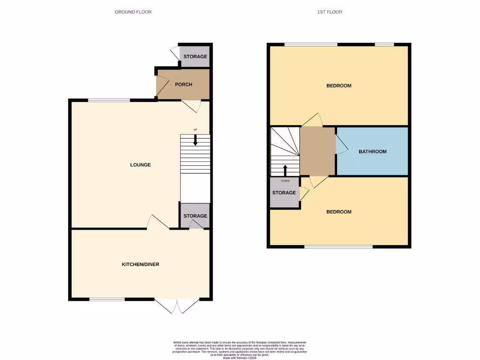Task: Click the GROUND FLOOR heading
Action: [x=133, y=12]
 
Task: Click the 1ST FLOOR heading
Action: [x=329, y=12]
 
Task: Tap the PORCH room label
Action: [x=183, y=85]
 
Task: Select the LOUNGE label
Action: [x=141, y=165]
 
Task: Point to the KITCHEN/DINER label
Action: [x=140, y=264]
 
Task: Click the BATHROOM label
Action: [x=373, y=151]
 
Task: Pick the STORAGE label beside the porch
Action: [x=195, y=57]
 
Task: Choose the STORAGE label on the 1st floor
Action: [x=284, y=193]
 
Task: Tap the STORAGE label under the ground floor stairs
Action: [x=195, y=216]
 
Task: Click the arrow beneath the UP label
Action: [x=195, y=140]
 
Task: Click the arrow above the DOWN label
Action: [x=285, y=170]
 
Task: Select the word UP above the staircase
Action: [x=195, y=130]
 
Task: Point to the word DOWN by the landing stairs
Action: [x=285, y=180]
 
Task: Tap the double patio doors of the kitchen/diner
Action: [x=178, y=306]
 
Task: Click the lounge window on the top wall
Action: [x=109, y=100]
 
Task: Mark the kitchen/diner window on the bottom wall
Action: [x=107, y=299]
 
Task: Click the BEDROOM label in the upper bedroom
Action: [x=339, y=86]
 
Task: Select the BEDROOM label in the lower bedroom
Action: [x=339, y=212]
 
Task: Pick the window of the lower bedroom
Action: [x=338, y=247]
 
